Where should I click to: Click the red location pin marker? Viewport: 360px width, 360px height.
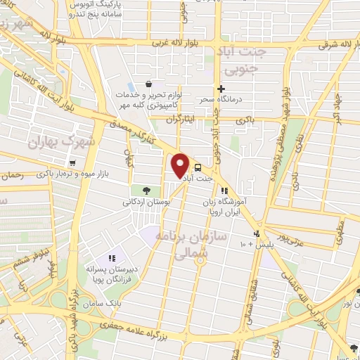tap(181, 165)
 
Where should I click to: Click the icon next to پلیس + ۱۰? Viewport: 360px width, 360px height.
tap(257, 233)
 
